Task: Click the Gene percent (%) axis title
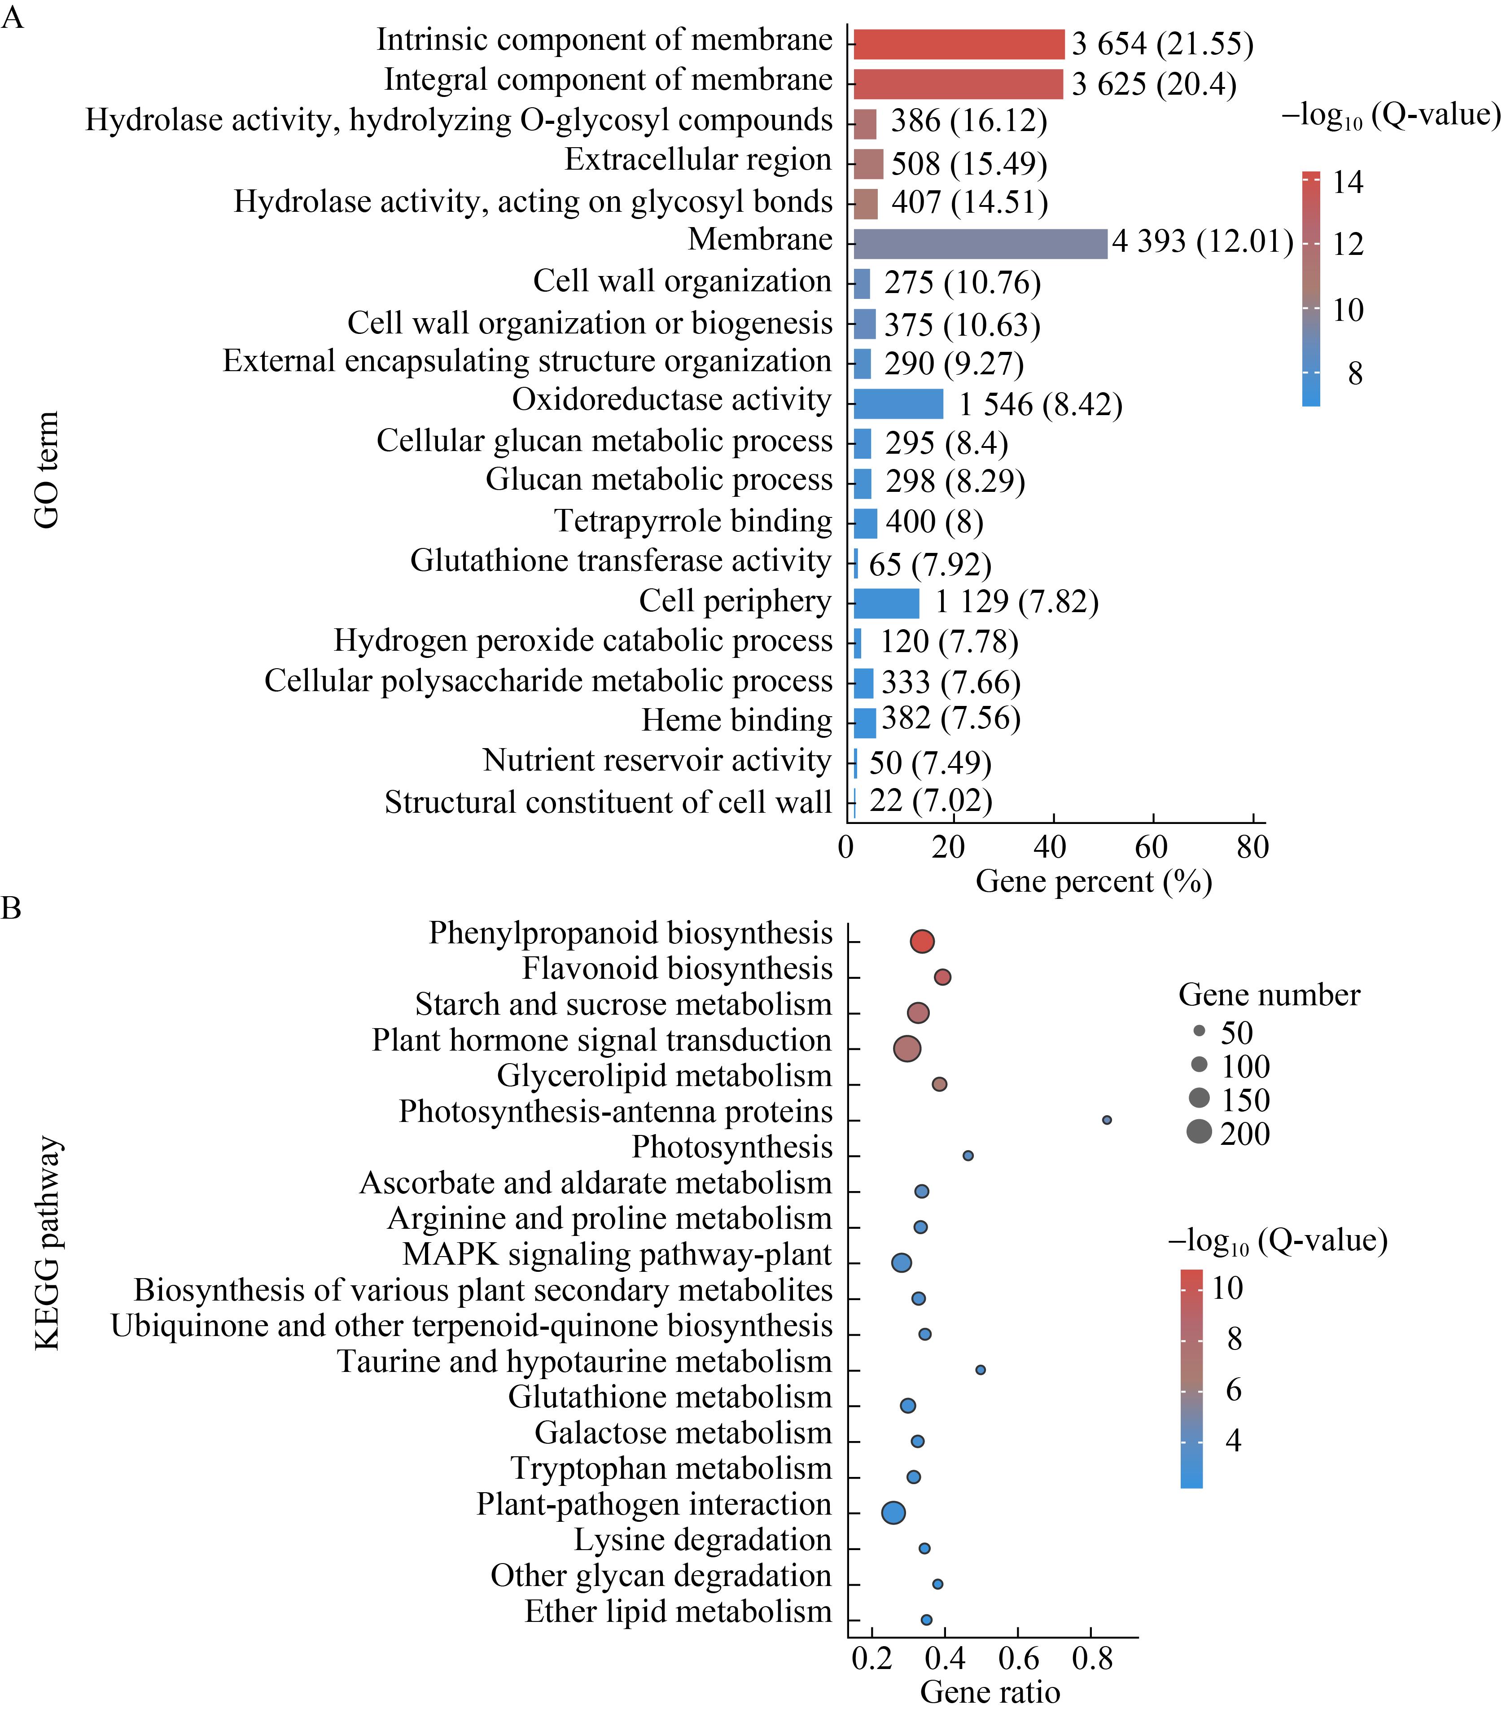1094,882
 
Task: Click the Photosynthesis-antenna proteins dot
1106,1120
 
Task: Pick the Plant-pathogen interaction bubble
893,1513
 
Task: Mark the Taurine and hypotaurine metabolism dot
981,1369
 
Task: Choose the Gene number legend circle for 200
1200,1132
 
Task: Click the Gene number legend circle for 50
1200,1031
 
